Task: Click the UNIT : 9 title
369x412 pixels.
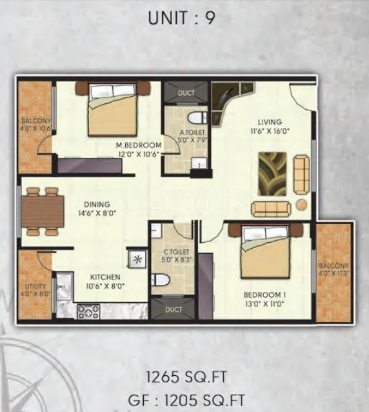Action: [181, 17]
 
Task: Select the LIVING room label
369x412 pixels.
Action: [270, 122]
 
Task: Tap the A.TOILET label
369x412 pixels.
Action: [192, 136]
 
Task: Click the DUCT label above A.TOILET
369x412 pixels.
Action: [186, 93]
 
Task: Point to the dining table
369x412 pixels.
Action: [42, 211]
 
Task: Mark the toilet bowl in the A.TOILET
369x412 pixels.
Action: [198, 118]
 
